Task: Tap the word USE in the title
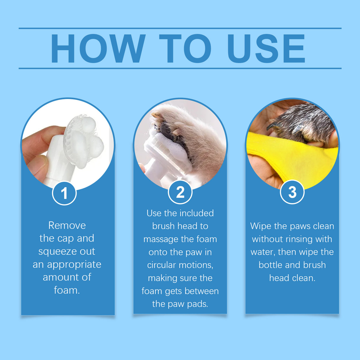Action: pyautogui.click(x=266, y=48)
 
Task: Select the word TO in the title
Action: pyautogui.click(x=185, y=48)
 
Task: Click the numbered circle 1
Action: pyautogui.click(x=64, y=193)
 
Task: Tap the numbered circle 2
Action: pyautogui.click(x=180, y=192)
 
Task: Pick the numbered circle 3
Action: pyautogui.click(x=292, y=192)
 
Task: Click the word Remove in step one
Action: pyautogui.click(x=67, y=225)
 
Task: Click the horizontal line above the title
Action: pyautogui.click(x=180, y=28)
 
